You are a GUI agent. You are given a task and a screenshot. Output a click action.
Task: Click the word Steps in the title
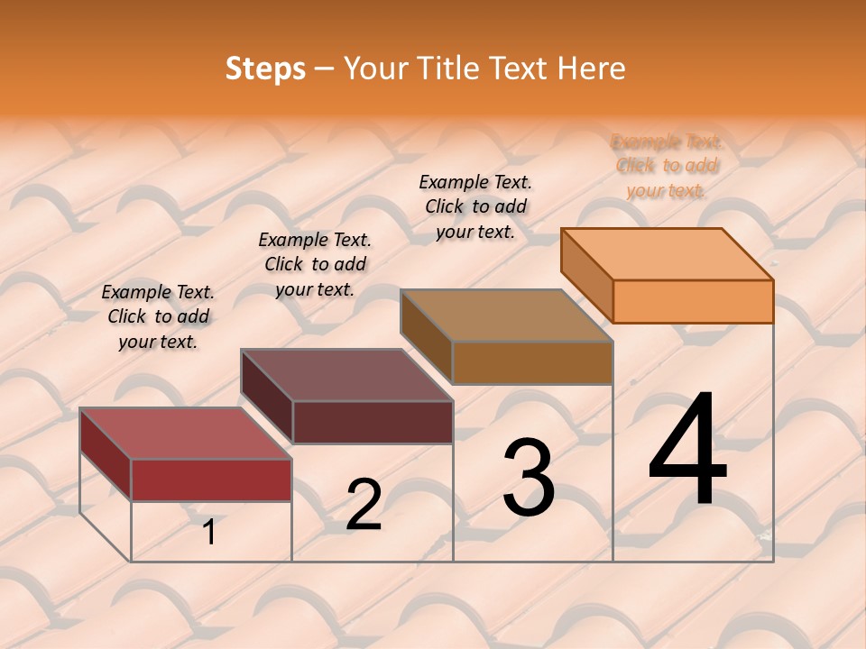(x=265, y=69)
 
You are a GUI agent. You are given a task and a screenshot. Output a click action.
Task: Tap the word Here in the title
(x=591, y=69)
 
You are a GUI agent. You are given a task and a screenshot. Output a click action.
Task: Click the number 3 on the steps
(x=529, y=477)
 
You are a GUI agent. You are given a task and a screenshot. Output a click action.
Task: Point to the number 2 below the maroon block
(x=364, y=505)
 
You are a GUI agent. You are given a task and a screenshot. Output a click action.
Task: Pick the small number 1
(x=209, y=532)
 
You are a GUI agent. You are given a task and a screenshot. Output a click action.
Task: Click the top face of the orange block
(x=668, y=253)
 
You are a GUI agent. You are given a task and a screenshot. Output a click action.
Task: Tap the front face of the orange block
(x=693, y=301)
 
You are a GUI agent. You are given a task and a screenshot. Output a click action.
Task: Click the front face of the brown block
(x=532, y=362)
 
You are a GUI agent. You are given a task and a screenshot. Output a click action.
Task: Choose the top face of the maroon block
(x=346, y=374)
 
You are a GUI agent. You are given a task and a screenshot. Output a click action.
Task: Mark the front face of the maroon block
(x=373, y=422)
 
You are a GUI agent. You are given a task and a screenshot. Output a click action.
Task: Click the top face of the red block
(x=186, y=433)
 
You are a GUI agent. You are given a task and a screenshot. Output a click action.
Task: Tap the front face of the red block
(x=211, y=480)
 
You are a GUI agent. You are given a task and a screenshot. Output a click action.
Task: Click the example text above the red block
(x=158, y=316)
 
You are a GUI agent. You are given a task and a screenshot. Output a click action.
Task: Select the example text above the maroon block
(x=315, y=264)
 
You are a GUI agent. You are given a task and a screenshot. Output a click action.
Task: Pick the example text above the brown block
(x=475, y=206)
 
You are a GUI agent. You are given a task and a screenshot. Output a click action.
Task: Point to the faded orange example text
(x=667, y=166)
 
